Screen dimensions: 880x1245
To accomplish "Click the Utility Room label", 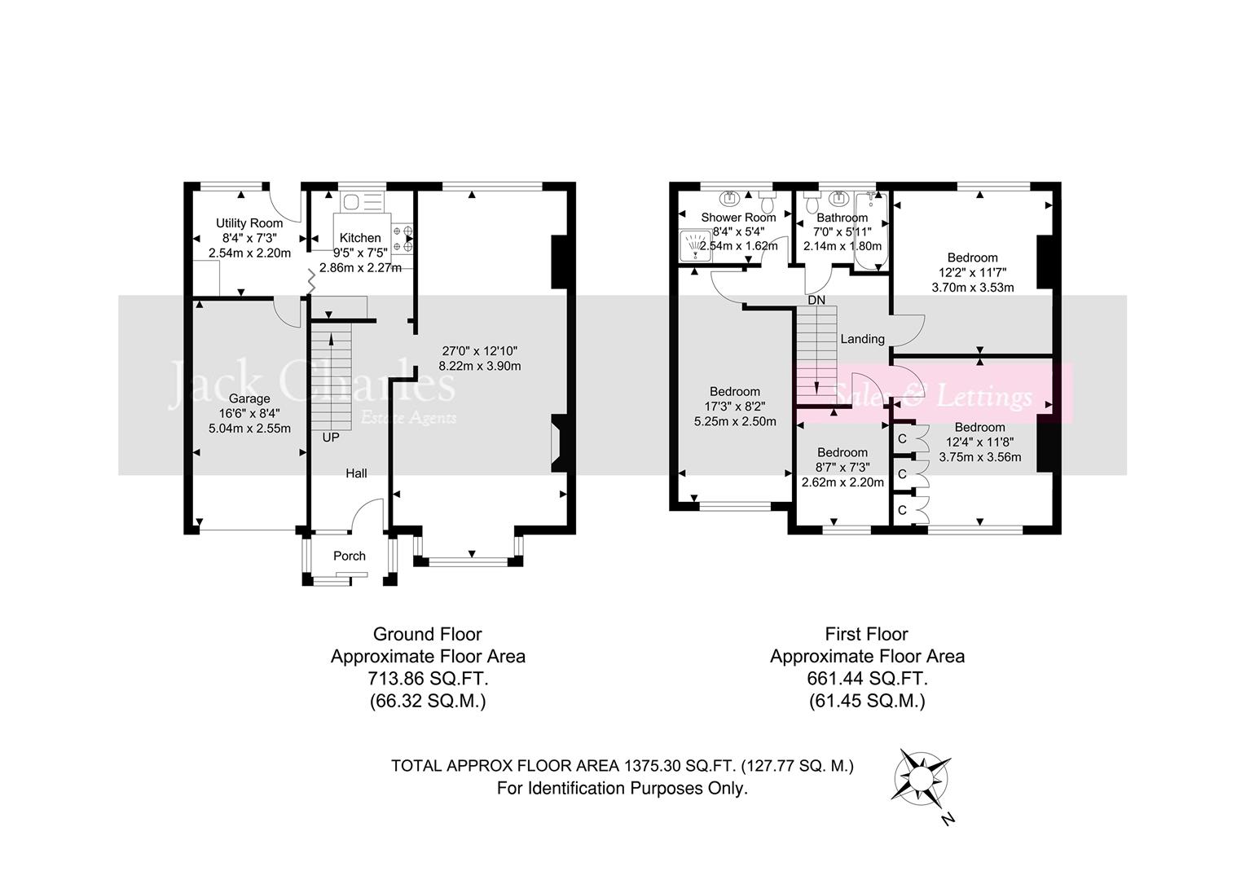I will coord(249,223).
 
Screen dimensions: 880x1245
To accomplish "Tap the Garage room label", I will coord(249,398).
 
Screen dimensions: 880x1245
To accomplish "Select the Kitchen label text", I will coord(359,238).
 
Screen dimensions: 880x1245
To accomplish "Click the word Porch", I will coord(350,556).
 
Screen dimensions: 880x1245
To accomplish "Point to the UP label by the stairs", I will coord(331,437).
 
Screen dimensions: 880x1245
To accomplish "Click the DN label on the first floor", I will coord(816,300).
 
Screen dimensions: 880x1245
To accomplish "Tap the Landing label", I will coord(862,339).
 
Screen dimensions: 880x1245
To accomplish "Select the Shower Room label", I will coord(738,218).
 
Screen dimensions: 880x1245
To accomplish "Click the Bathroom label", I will coord(842,218).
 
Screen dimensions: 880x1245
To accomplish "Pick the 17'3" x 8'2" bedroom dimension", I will coord(734,406).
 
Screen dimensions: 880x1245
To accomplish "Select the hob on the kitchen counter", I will coord(402,238).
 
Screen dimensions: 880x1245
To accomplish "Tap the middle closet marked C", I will coord(902,473).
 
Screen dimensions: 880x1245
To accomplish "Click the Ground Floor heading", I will coord(427,634).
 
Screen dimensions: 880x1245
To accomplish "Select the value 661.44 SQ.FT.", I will coord(867,678).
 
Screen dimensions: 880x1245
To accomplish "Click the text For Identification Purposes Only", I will coord(622,788).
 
